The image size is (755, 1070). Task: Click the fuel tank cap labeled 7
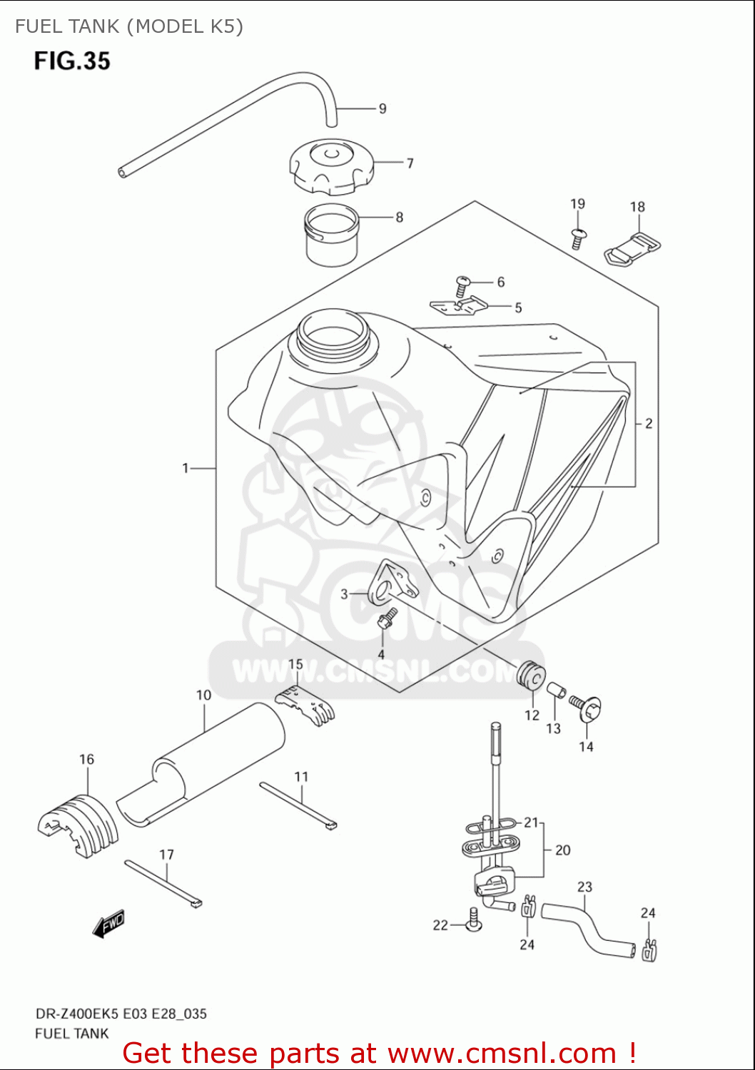tap(330, 167)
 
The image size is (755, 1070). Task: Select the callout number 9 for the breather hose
tap(382, 108)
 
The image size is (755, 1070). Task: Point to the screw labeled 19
tap(578, 238)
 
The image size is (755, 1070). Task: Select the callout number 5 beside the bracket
tap(518, 307)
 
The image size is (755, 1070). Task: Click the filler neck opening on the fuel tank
tap(333, 332)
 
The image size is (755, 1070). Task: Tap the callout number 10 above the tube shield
tap(204, 695)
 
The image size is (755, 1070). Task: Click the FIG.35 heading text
tap(72, 61)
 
